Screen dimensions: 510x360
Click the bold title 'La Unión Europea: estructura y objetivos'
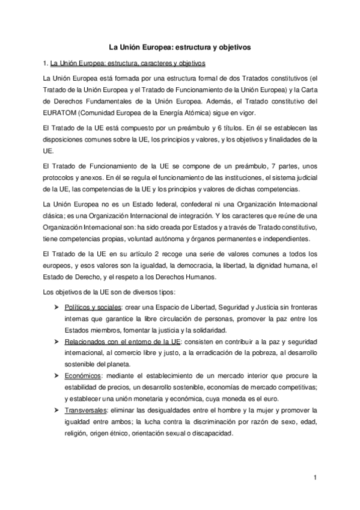click(x=180, y=45)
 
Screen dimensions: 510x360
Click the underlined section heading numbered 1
click(x=129, y=62)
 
